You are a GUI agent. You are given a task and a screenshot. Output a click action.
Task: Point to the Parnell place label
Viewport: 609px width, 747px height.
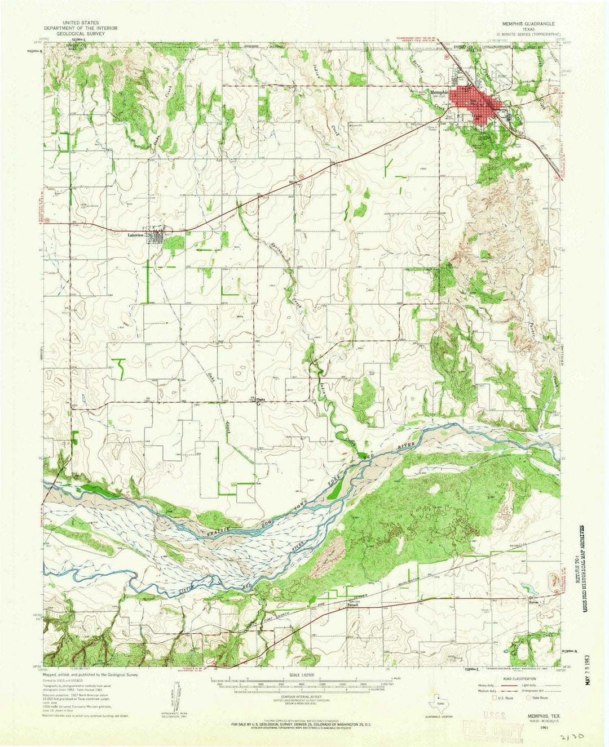coord(353,607)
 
